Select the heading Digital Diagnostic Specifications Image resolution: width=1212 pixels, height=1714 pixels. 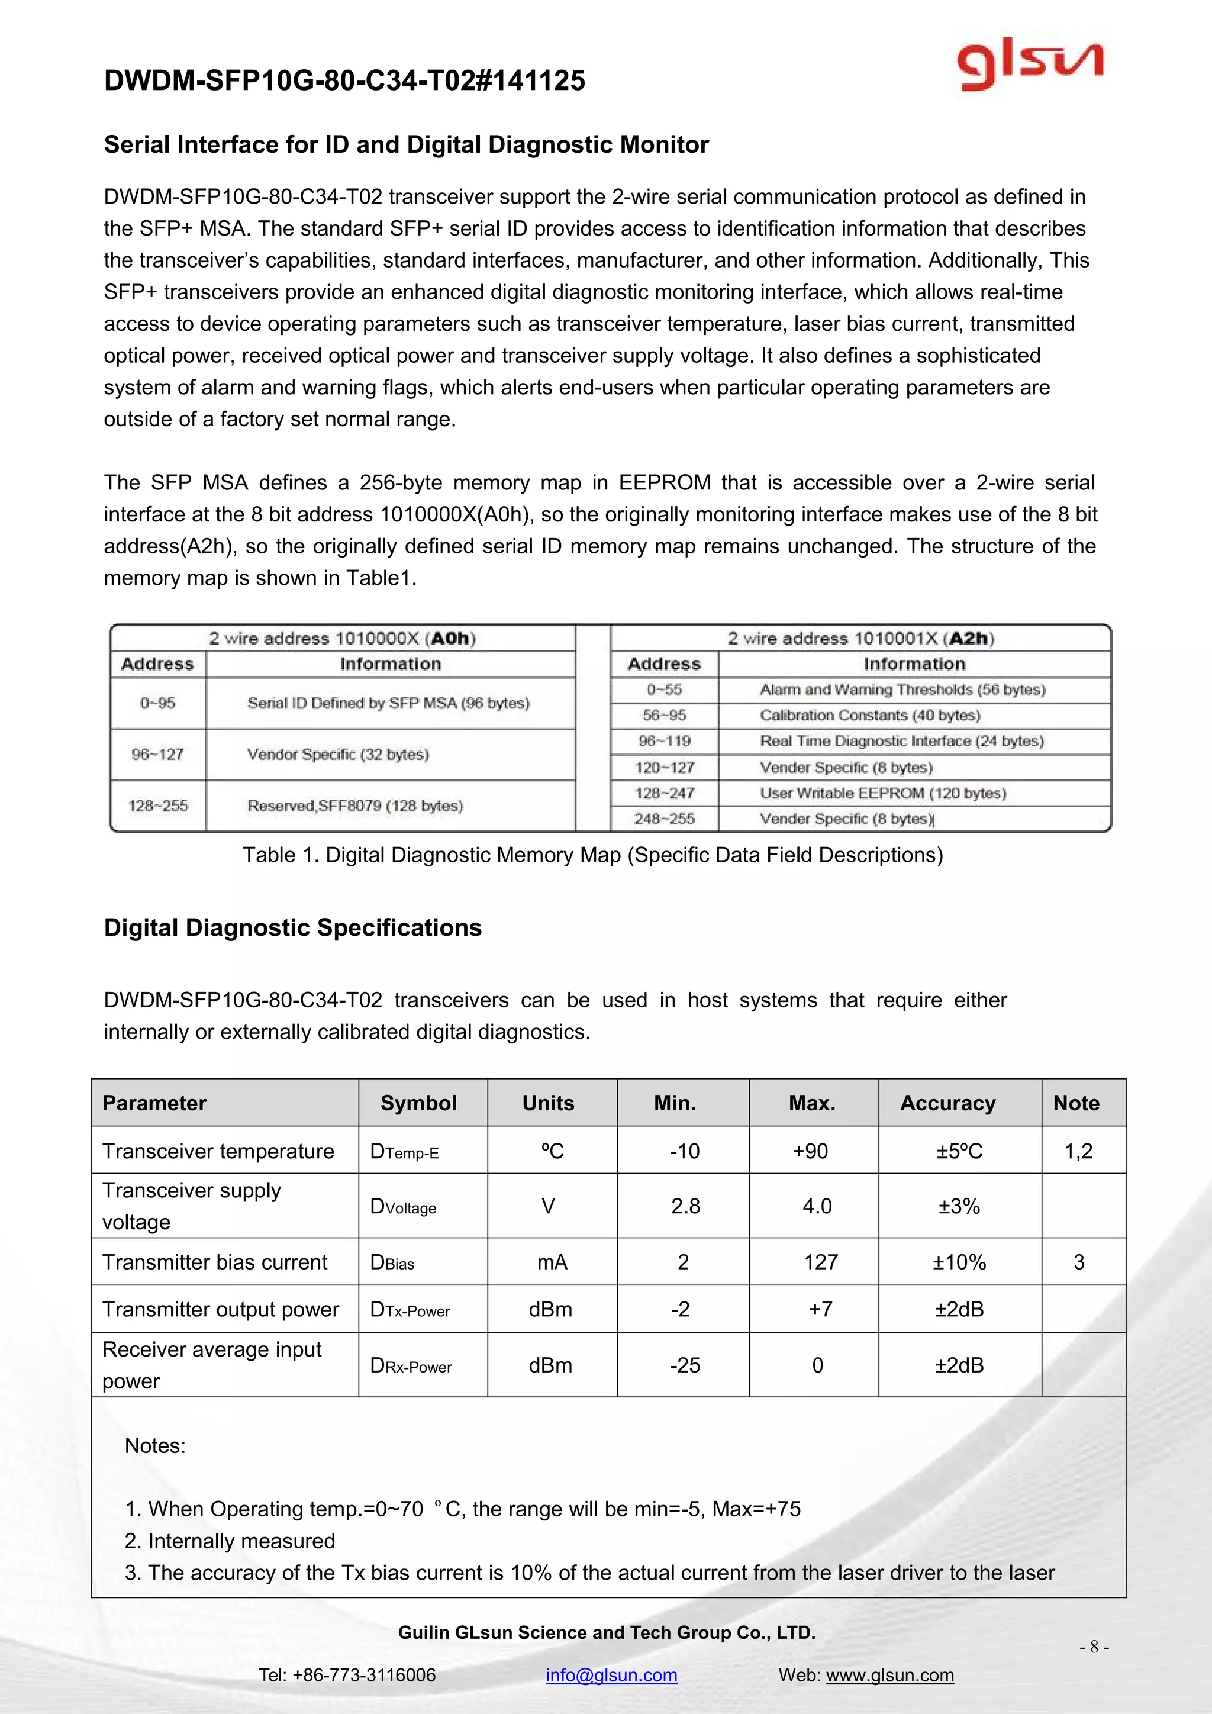pyautogui.click(x=292, y=927)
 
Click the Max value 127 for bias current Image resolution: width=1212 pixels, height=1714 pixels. pyautogui.click(x=820, y=1262)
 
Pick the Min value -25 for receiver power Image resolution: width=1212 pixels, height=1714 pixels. pyautogui.click(x=684, y=1365)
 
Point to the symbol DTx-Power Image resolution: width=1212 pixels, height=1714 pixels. pyautogui.click(x=410, y=1309)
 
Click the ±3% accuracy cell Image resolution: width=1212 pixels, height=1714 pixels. pyautogui.click(x=958, y=1206)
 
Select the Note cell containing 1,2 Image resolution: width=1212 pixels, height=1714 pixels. pyautogui.click(x=1078, y=1151)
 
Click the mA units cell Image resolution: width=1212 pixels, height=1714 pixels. pyautogui.click(x=552, y=1262)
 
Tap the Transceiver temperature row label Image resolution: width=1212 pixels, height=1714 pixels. pyautogui.click(x=218, y=1151)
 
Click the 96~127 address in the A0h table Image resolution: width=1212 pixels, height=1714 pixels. pyautogui.click(x=157, y=754)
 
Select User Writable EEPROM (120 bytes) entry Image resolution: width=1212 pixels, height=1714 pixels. pyautogui.click(x=883, y=793)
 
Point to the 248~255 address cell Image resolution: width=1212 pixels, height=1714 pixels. pyautogui.click(x=664, y=819)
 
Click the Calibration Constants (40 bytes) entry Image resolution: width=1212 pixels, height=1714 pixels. pyautogui.click(x=869, y=715)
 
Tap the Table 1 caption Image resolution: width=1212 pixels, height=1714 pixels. pyautogui.click(x=592, y=855)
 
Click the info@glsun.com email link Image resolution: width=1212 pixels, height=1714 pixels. pyautogui.click(x=611, y=1674)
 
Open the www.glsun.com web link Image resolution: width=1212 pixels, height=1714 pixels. pyautogui.click(x=889, y=1674)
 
